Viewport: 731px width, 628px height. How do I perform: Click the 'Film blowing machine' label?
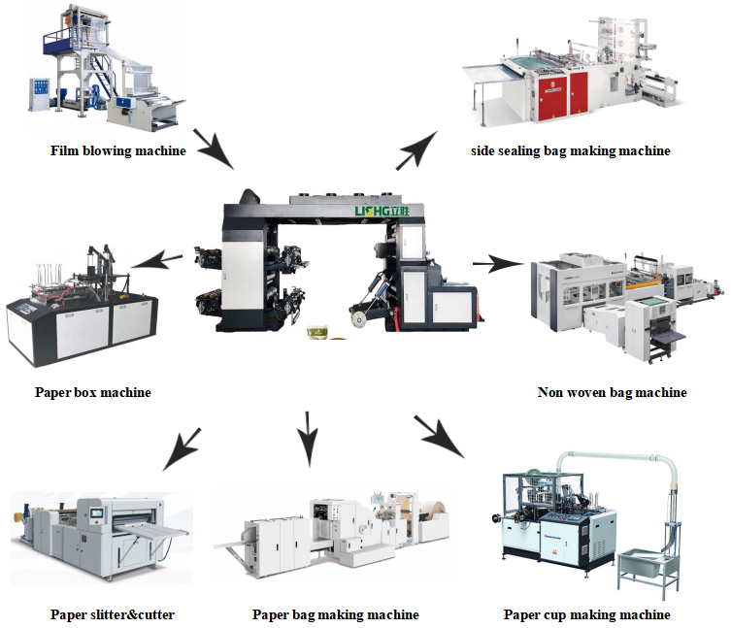tap(118, 150)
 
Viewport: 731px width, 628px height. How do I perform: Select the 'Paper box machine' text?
tap(93, 392)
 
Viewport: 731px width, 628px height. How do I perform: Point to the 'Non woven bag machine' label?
tap(612, 392)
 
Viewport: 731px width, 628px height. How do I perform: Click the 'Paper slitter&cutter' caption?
tap(113, 614)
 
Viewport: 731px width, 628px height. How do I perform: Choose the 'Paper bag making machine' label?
tap(336, 614)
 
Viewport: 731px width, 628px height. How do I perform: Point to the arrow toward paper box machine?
tap(156, 260)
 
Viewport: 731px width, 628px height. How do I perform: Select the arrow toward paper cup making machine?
tap(440, 436)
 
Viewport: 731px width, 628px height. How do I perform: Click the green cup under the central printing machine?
tap(317, 333)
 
